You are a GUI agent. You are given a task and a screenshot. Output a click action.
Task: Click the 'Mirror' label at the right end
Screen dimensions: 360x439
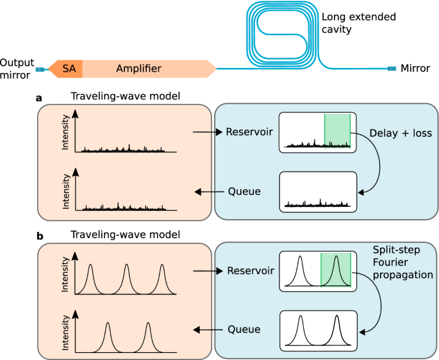416,68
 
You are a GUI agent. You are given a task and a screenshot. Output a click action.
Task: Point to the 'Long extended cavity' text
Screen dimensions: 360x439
358,23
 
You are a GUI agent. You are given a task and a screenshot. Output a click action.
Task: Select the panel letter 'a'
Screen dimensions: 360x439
40,98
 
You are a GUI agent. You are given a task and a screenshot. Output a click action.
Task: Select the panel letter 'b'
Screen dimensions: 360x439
40,236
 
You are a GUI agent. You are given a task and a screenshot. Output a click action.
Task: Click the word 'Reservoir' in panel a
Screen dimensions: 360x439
249,132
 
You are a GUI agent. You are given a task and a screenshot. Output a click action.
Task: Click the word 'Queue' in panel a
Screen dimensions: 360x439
244,192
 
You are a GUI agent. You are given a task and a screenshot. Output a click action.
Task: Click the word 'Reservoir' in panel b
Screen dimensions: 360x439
249,271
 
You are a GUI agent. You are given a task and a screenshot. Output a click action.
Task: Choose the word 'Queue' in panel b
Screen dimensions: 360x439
244,329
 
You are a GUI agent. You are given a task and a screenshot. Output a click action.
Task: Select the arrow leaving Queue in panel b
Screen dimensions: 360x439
207,329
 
